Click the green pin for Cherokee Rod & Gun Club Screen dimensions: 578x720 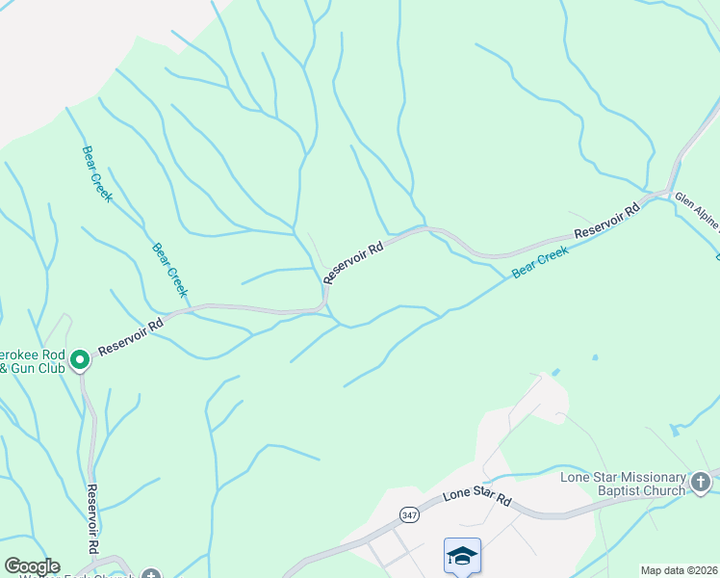[80, 359]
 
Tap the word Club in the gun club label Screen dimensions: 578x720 [51, 368]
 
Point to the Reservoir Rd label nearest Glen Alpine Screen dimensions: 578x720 [608, 221]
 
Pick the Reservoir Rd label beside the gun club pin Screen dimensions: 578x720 [130, 335]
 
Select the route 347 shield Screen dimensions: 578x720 [411, 513]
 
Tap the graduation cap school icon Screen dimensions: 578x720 [462, 556]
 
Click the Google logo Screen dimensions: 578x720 [32, 566]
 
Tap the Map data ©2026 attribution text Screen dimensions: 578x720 [678, 570]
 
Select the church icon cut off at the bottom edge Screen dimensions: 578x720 [149, 574]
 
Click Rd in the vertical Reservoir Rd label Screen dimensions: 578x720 [93, 545]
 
